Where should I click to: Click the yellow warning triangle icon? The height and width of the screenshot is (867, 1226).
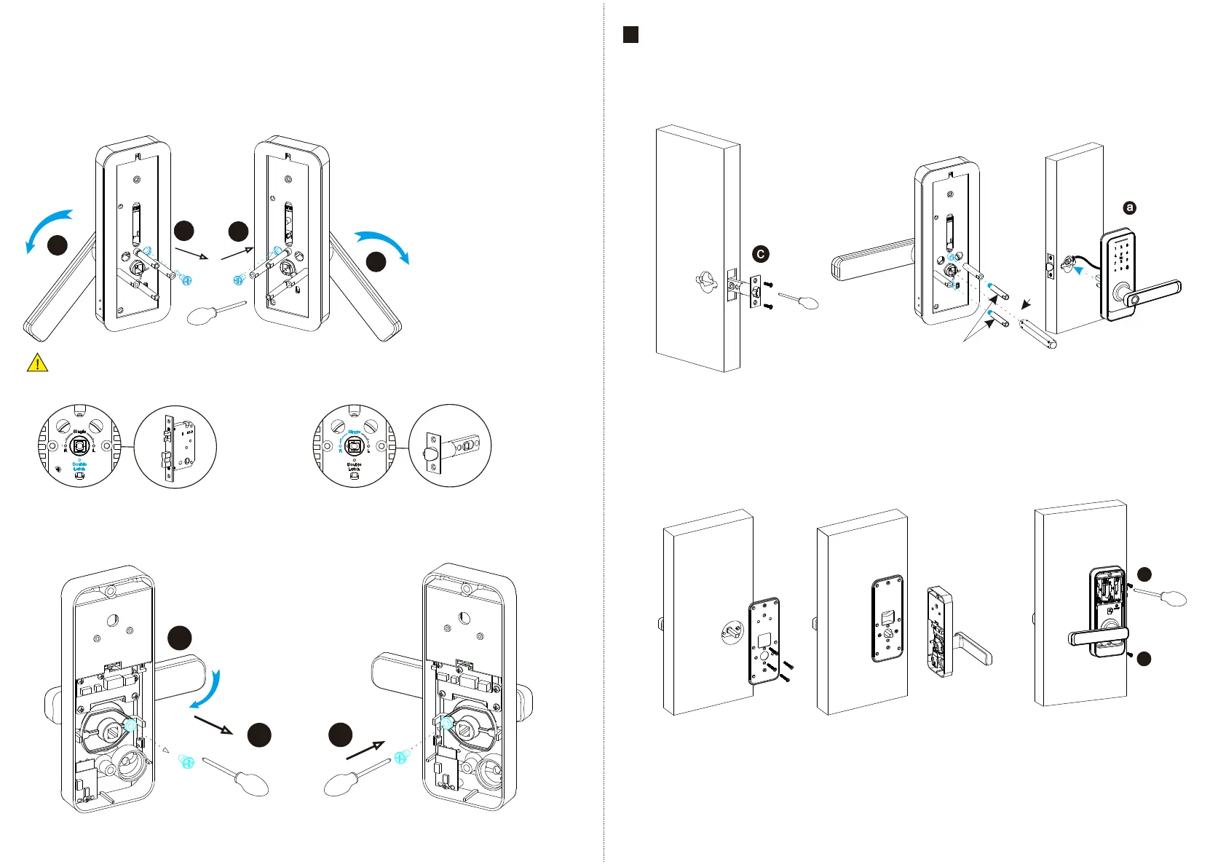pyautogui.click(x=37, y=363)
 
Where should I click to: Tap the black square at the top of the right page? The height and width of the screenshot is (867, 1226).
pyautogui.click(x=631, y=34)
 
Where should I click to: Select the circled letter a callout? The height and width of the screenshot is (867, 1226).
pyautogui.click(x=1129, y=208)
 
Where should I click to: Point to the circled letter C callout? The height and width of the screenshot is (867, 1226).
pyautogui.click(x=760, y=254)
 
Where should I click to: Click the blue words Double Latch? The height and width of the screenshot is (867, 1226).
pyautogui.click(x=79, y=467)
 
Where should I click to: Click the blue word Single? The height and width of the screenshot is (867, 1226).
pyautogui.click(x=355, y=432)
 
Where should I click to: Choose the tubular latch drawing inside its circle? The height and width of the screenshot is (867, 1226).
pyautogui.click(x=450, y=446)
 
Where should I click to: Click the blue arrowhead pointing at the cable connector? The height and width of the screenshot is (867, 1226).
pyautogui.click(x=1082, y=268)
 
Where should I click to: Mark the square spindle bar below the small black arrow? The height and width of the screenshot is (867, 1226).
pyautogui.click(x=1038, y=330)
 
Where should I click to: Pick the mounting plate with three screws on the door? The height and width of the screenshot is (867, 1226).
pyautogui.click(x=764, y=641)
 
